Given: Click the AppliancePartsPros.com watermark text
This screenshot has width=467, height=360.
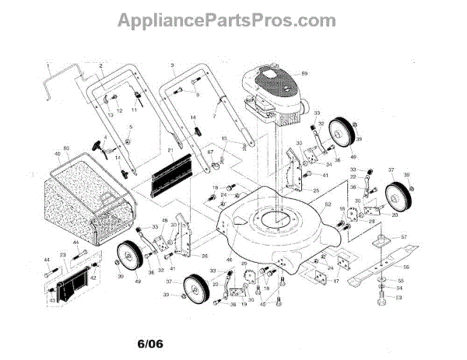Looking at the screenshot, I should click(233, 18).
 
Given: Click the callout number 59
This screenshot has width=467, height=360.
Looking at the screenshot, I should click(305, 73).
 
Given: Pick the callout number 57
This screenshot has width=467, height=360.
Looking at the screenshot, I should click(404, 236).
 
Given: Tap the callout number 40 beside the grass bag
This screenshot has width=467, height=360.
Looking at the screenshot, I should click(56, 155).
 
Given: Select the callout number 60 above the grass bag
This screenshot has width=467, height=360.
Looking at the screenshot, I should click(66, 148).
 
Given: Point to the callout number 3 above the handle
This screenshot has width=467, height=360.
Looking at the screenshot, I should click(170, 63).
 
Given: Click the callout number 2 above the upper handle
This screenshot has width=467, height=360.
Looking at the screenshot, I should click(101, 64).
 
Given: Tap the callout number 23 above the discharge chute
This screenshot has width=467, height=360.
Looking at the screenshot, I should click(63, 253).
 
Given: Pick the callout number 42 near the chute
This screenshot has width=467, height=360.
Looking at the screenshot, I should click(93, 277).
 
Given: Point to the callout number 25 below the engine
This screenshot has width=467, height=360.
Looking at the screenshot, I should click(316, 190).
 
